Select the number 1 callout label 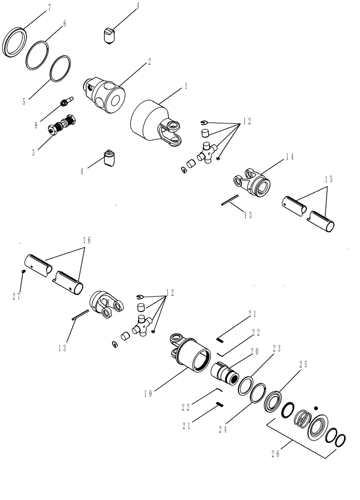tap(186, 86)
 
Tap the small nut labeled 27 tap(23, 271)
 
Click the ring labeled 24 tap(256, 392)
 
